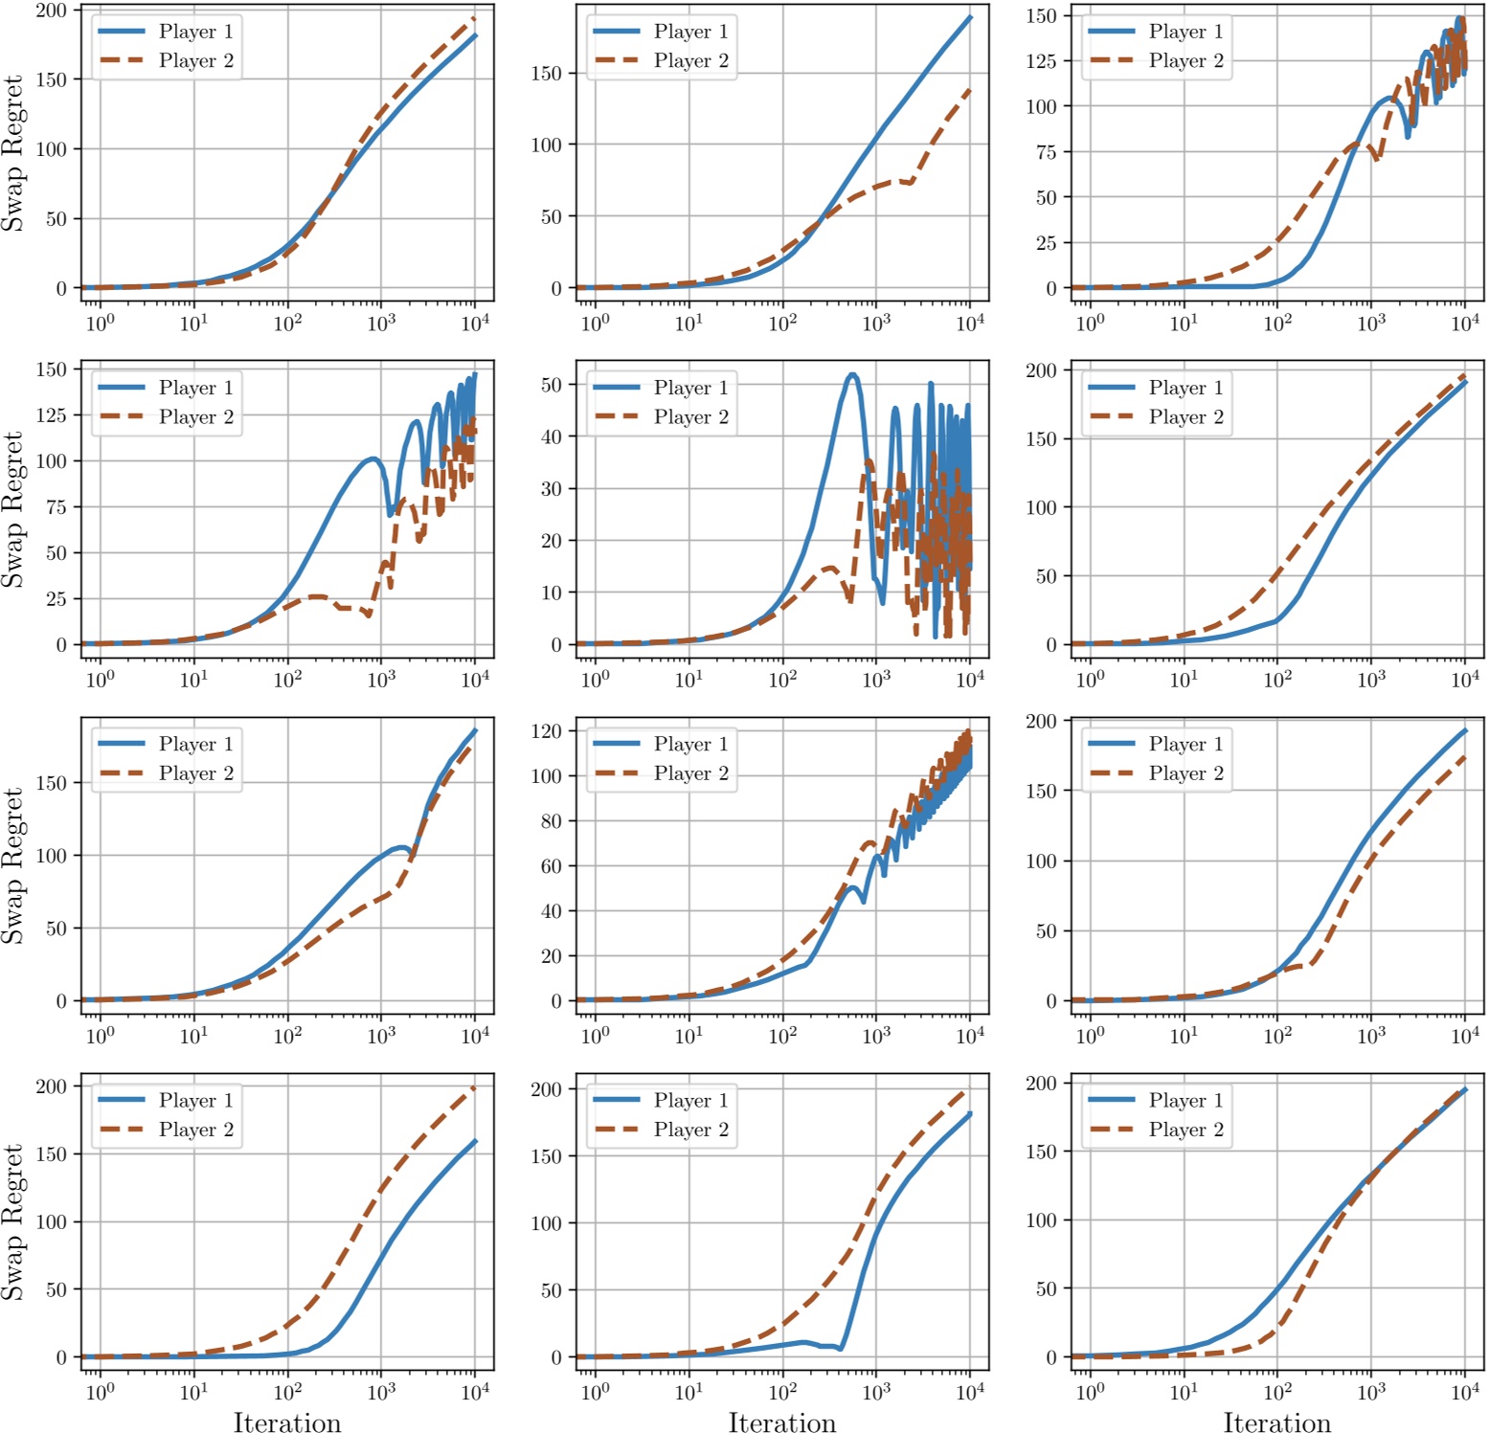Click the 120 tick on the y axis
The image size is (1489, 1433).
pyautogui.click(x=546, y=731)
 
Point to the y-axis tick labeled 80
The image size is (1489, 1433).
pyautogui.click(x=551, y=821)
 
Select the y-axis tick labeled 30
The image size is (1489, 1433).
pyautogui.click(x=551, y=488)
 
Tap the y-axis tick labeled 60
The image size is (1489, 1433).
pyautogui.click(x=551, y=866)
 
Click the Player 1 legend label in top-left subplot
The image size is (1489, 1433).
pyautogui.click(x=195, y=32)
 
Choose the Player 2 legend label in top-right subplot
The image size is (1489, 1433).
pyautogui.click(x=1185, y=60)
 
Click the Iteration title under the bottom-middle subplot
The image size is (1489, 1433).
pyautogui.click(x=781, y=1422)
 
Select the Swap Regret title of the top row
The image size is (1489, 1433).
pyautogui.click(x=12, y=153)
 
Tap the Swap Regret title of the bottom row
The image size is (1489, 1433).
pyautogui.click(x=12, y=1222)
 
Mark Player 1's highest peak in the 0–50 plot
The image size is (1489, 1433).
pyautogui.click(x=851, y=375)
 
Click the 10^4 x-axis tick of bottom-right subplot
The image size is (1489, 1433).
pyautogui.click(x=1464, y=1392)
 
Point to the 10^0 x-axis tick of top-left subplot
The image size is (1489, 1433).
pyautogui.click(x=100, y=323)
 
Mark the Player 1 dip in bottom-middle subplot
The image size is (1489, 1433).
pyautogui.click(x=840, y=1348)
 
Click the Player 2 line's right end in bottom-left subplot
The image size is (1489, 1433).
pyautogui.click(x=475, y=1087)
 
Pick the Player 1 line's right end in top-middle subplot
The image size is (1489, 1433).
pyautogui.click(x=970, y=17)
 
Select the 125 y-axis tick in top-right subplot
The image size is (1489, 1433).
pyautogui.click(x=1040, y=61)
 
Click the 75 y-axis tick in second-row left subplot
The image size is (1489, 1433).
pyautogui.click(x=56, y=507)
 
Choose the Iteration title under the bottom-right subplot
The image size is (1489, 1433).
pyautogui.click(x=1276, y=1422)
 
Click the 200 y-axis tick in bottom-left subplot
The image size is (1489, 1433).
pyautogui.click(x=51, y=1086)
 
